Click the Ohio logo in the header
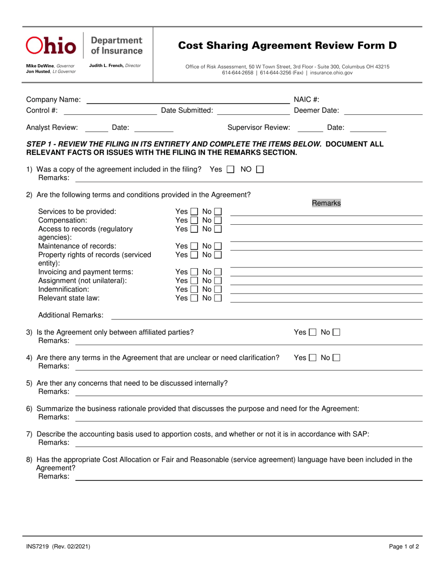[x=51, y=45]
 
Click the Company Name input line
[x=187, y=100]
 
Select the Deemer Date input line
[x=383, y=111]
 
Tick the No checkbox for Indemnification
[x=218, y=289]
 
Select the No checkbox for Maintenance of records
[x=218, y=246]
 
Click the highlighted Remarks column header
[x=326, y=203]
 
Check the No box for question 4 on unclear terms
[x=336, y=358]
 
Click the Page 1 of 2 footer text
[x=404, y=546]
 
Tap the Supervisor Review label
[x=259, y=127]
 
